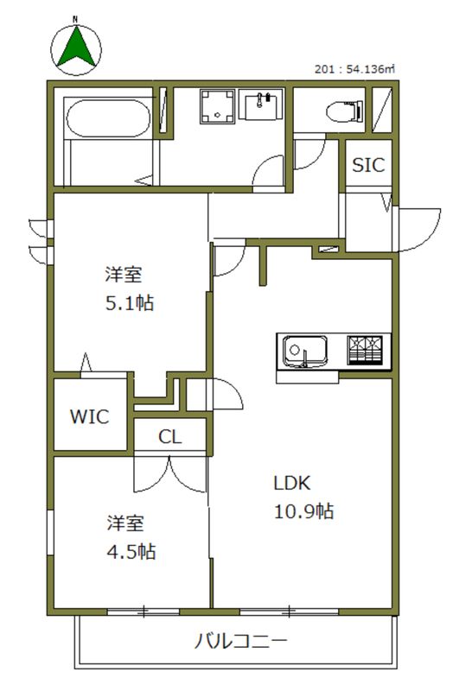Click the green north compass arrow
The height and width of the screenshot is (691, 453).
tap(76, 48)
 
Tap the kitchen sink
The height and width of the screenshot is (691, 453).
tap(304, 352)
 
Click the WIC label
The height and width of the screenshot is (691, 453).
tap(89, 417)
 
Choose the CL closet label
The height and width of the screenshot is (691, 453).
tap(169, 437)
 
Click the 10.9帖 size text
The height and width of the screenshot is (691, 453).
tap(303, 511)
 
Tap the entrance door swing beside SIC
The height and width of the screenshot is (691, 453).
tap(414, 226)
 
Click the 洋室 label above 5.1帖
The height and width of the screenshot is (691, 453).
tap(124, 276)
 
